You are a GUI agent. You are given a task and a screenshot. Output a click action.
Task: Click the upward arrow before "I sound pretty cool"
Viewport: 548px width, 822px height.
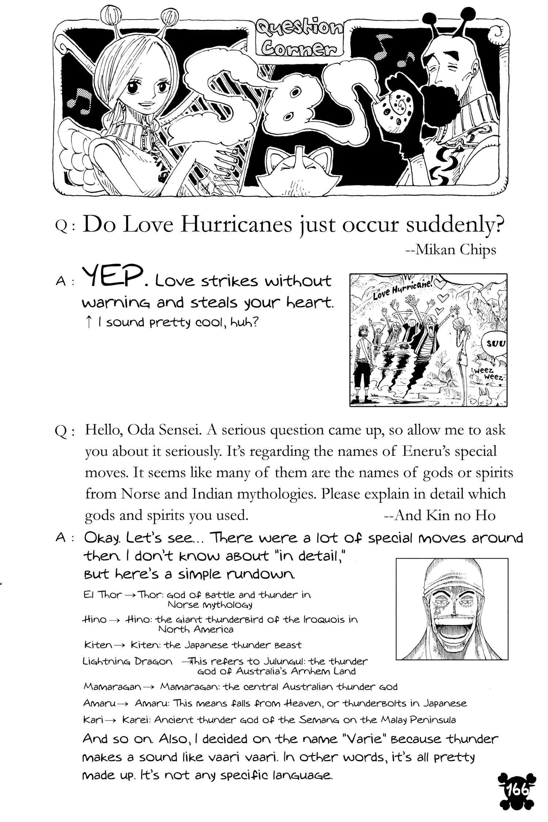88,322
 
